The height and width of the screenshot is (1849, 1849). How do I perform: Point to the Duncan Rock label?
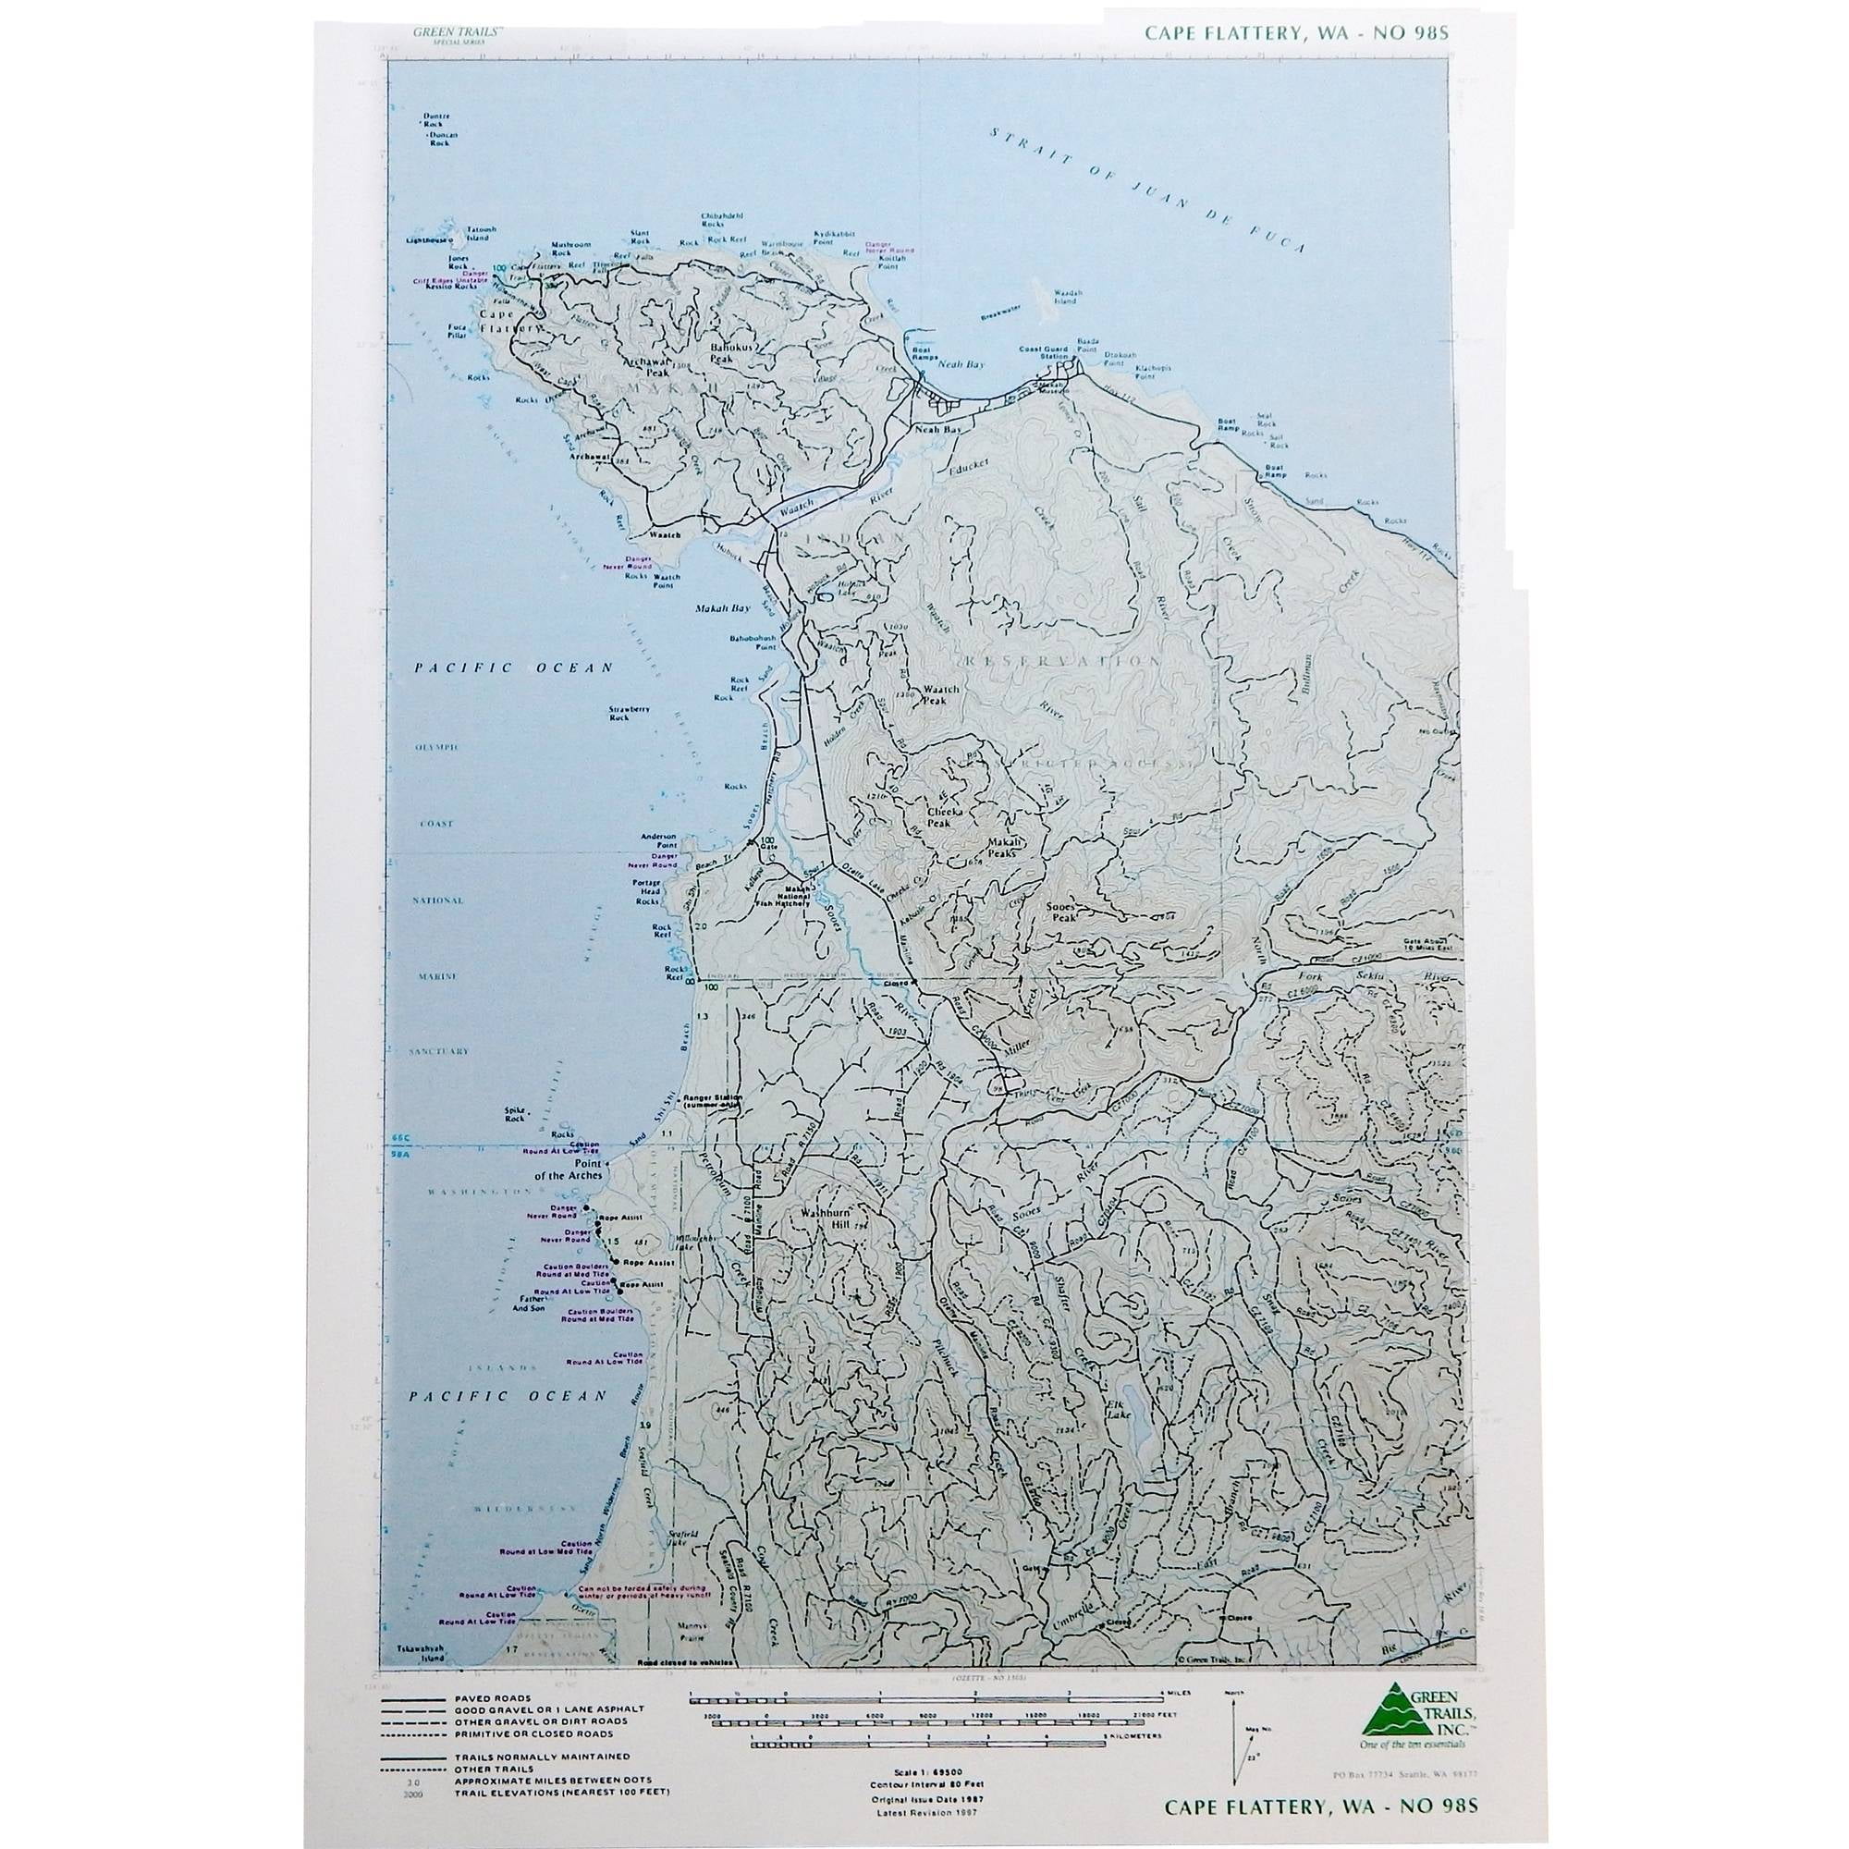pos(438,139)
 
